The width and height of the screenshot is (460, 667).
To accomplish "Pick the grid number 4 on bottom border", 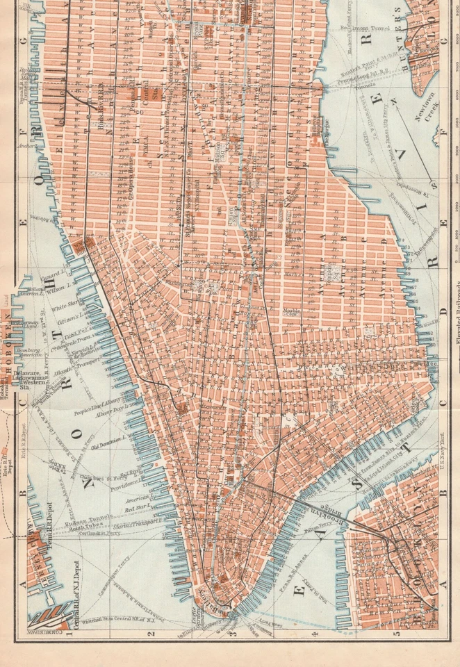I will [315, 634].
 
